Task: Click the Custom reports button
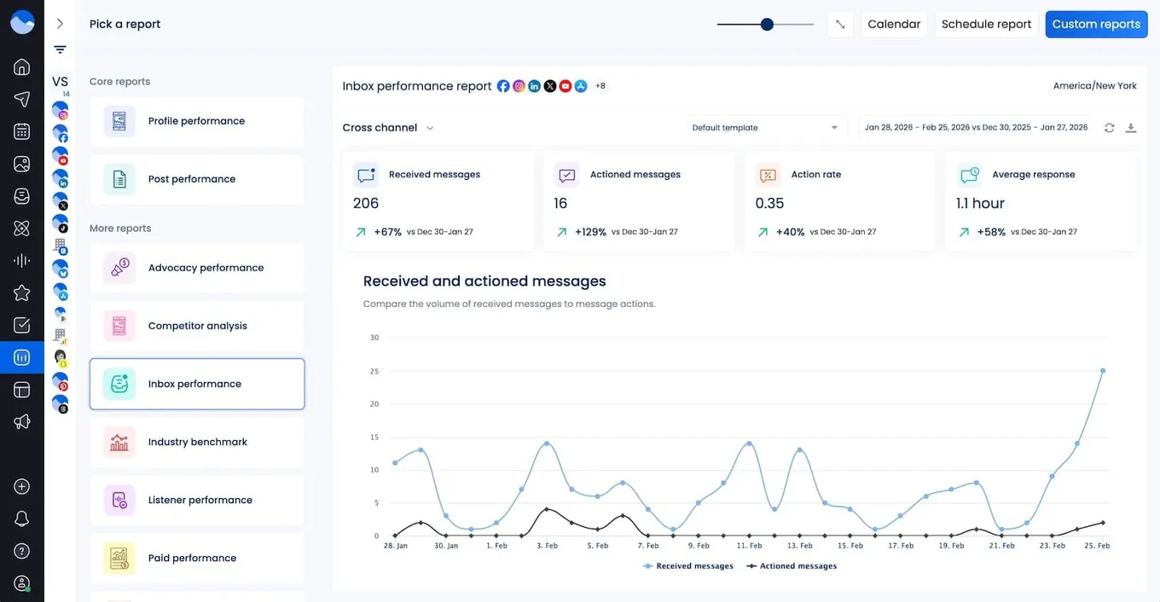click(x=1096, y=24)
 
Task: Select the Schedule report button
click(x=986, y=24)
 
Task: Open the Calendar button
click(x=893, y=24)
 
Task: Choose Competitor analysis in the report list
click(x=197, y=326)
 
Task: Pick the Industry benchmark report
click(x=197, y=442)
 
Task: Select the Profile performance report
click(x=196, y=121)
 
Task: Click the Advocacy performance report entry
click(x=206, y=268)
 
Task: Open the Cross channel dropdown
click(x=388, y=128)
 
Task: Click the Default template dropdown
click(x=765, y=128)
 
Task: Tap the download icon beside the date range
click(x=1131, y=128)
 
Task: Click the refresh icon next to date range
click(x=1109, y=128)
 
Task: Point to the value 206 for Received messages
click(x=366, y=203)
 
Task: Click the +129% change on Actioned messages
click(x=590, y=232)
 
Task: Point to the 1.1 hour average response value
click(x=980, y=203)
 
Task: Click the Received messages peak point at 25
click(x=1103, y=371)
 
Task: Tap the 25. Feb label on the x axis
click(x=1097, y=546)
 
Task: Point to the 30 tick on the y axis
click(x=374, y=338)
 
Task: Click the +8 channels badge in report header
click(x=600, y=86)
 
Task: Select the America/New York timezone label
click(x=1094, y=86)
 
